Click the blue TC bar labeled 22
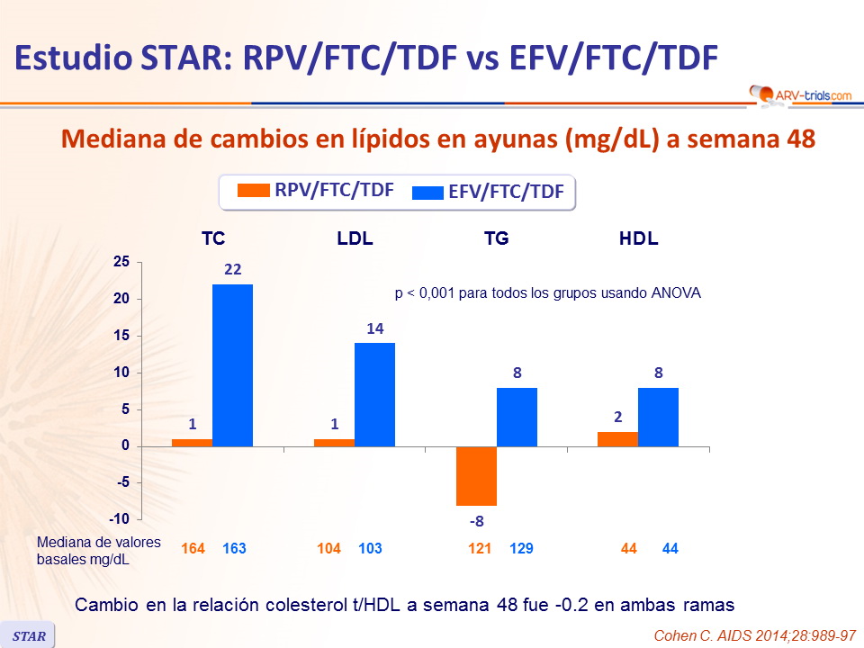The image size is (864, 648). [232, 364]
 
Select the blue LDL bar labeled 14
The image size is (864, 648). [374, 394]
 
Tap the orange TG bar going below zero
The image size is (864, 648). [476, 476]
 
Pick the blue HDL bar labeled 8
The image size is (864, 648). [658, 417]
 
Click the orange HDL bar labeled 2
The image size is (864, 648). [617, 439]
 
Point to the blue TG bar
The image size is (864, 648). [517, 417]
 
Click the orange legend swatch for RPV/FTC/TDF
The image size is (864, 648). [253, 191]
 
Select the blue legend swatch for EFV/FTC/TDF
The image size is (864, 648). [427, 192]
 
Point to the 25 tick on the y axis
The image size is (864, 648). [121, 262]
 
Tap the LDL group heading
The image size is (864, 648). [355, 239]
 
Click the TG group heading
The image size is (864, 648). [496, 239]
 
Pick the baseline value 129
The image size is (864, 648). [522, 548]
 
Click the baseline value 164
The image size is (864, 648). [193, 548]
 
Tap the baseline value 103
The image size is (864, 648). [371, 548]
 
